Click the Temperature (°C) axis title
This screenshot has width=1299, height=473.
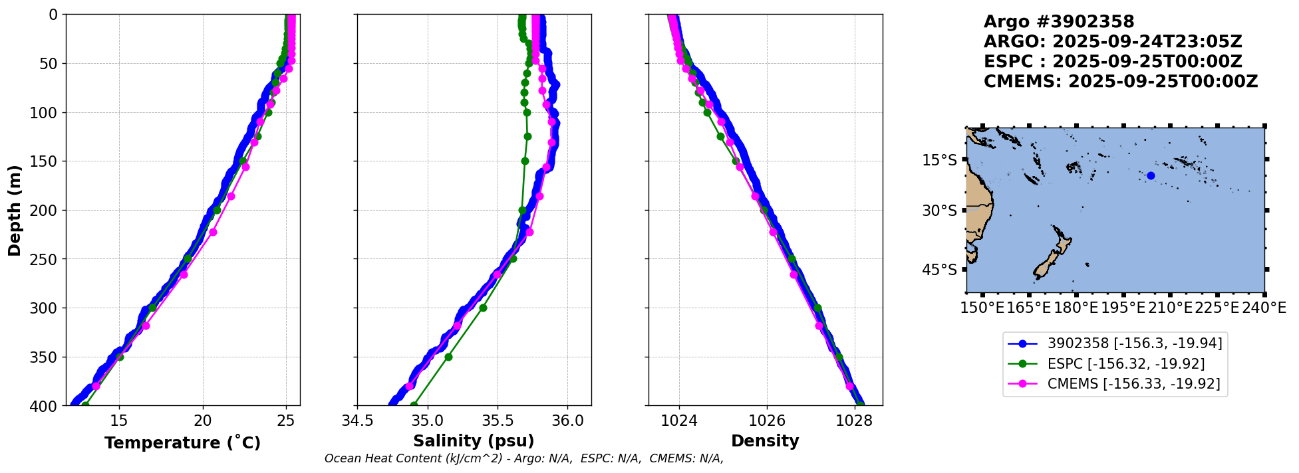point(182,442)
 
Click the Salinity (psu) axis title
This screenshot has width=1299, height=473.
point(474,441)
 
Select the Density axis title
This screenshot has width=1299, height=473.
point(765,441)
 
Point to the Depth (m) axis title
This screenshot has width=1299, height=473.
point(15,211)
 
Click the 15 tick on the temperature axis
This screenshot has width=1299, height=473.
point(119,421)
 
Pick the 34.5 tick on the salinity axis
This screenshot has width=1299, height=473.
point(357,421)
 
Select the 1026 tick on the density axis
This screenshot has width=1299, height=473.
point(767,421)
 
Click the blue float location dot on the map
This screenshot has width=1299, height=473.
point(1151,175)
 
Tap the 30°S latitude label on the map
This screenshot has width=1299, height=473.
point(939,211)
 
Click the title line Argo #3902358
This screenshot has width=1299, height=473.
point(1059,22)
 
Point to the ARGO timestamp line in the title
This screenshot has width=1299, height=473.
point(1113,42)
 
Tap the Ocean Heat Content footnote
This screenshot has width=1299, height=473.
point(523,458)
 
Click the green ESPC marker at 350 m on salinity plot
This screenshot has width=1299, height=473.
point(448,357)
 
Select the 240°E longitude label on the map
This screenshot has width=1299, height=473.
point(1264,308)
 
